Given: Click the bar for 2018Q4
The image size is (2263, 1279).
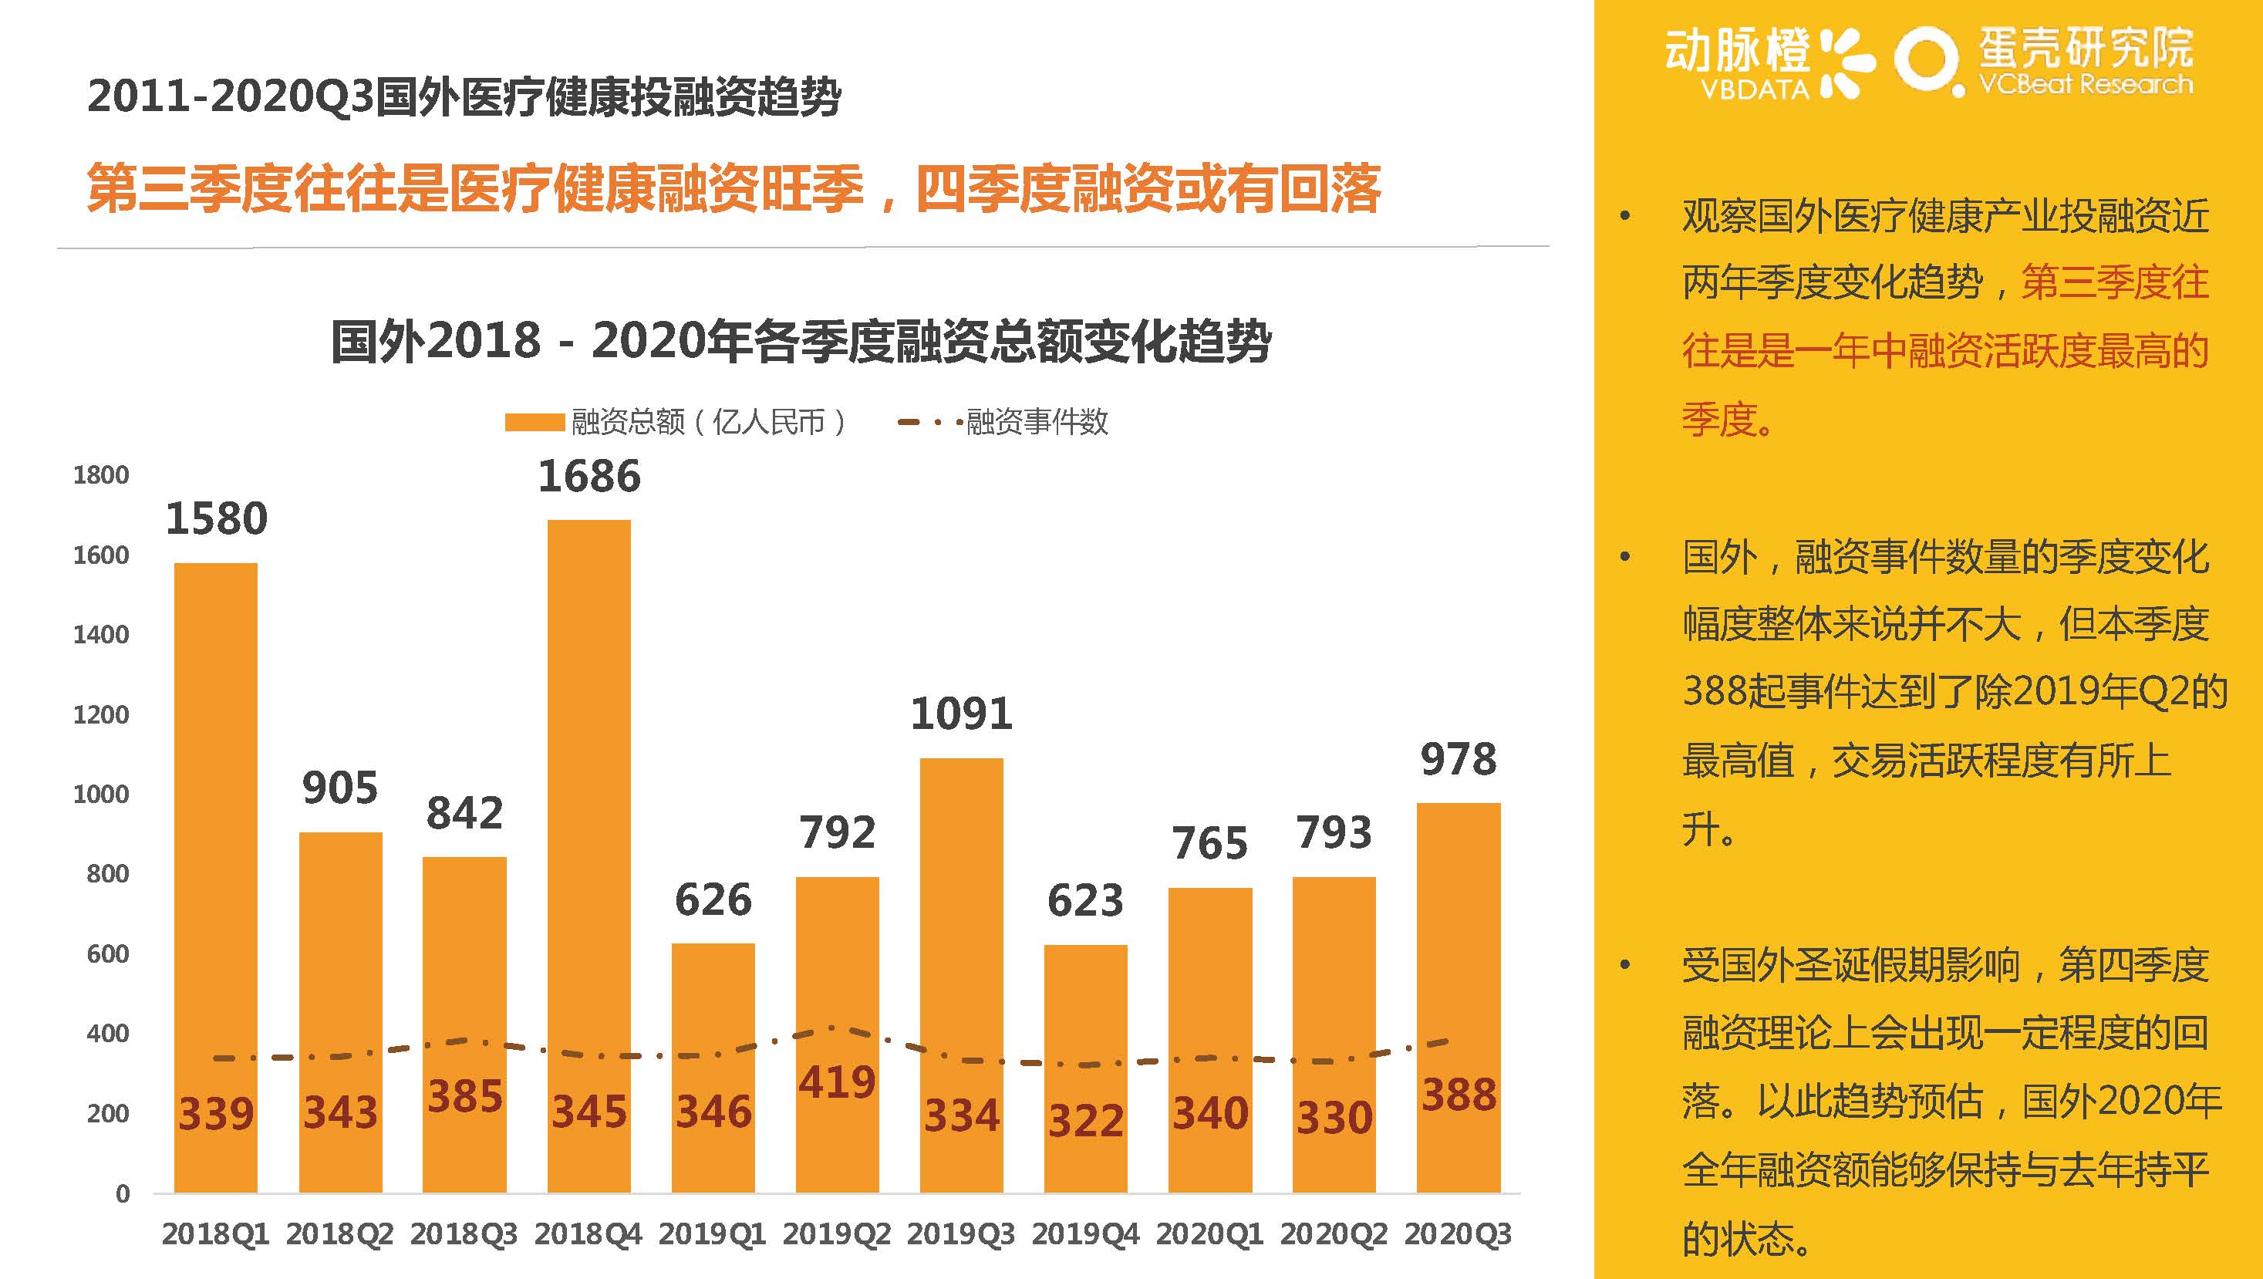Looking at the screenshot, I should click(589, 791).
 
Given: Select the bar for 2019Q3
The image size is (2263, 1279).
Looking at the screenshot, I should click(961, 923).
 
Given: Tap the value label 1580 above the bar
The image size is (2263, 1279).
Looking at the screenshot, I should click(216, 518).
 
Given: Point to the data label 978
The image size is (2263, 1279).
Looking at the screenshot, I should click(1459, 760).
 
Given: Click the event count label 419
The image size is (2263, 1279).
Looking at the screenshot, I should click(836, 1082).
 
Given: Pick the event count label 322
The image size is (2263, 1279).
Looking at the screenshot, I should click(1086, 1121).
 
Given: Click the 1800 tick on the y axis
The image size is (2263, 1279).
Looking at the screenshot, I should click(101, 475).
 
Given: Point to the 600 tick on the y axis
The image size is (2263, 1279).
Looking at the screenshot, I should click(107, 954).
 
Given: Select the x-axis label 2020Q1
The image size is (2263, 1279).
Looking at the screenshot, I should click(1209, 1234).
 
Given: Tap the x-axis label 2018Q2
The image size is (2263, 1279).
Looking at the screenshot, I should click(339, 1234).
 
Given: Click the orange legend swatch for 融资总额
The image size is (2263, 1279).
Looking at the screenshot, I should click(534, 423).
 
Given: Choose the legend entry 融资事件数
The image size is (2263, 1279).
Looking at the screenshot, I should click(1037, 423).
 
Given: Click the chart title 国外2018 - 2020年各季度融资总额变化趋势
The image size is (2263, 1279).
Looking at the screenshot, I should click(801, 341).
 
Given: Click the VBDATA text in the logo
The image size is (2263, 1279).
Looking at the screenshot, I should click(1755, 89).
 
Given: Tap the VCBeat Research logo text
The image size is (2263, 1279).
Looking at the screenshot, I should click(2086, 85).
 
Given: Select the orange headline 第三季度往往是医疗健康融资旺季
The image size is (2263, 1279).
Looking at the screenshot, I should click(474, 188).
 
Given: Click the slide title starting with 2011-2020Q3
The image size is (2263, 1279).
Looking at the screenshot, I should click(464, 96).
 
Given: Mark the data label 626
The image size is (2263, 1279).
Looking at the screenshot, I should click(713, 900).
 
